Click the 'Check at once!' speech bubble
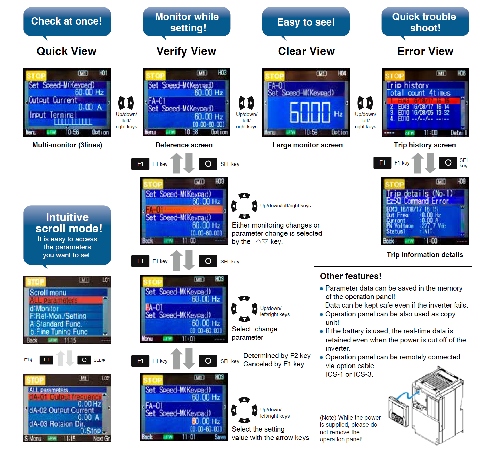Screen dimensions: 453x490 pos(67,21)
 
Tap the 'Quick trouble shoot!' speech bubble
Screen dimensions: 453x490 pos(425,22)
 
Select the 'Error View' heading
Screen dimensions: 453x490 pos(425,51)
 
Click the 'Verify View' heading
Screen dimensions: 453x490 pos(186,51)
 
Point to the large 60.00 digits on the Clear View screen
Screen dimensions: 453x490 pos(310,112)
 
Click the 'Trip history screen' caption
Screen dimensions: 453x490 pos(425,145)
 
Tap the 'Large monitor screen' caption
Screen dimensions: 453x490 pos(307,145)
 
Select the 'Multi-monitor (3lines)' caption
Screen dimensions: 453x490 pos(67,145)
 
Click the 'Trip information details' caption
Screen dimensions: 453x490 pos(425,255)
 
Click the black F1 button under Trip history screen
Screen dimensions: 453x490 pos(382,163)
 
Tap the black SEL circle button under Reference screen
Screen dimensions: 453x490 pos(208,164)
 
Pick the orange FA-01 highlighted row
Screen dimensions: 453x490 pos(184,209)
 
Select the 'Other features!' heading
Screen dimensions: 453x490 pos(350,276)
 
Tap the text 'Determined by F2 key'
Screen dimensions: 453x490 pos(277,356)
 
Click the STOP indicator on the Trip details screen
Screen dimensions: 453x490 pos(394,185)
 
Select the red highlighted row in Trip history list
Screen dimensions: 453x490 pos(423,101)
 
